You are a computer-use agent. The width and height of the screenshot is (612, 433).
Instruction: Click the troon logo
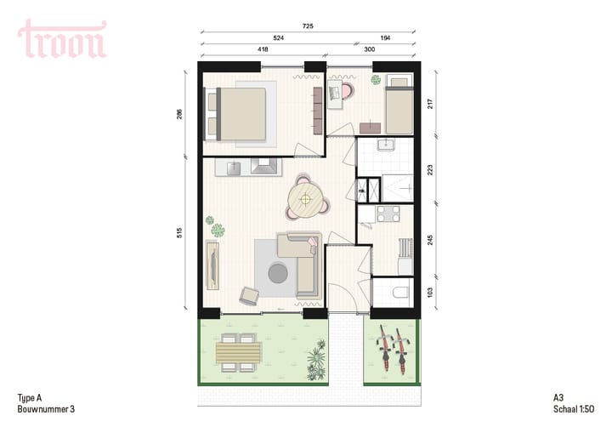pyautogui.click(x=62, y=39)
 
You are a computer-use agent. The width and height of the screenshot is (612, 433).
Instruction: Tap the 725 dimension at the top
pyautogui.click(x=308, y=27)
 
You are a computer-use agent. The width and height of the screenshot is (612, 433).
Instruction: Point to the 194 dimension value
pyautogui.click(x=386, y=39)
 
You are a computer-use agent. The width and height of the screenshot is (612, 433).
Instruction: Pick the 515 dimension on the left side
pyautogui.click(x=180, y=233)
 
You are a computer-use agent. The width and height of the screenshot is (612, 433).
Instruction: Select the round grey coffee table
pyautogui.click(x=278, y=273)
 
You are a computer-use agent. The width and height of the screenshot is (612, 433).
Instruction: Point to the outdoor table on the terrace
pyautogui.click(x=238, y=351)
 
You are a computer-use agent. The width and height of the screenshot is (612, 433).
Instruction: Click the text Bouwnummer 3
pyautogui.click(x=46, y=409)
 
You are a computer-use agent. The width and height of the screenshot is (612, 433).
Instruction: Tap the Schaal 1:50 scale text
pyautogui.click(x=569, y=409)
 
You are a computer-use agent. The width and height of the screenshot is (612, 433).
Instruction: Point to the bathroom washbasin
pyautogui.click(x=385, y=143)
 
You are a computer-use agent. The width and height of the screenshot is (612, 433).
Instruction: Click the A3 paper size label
pyautogui.click(x=558, y=398)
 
